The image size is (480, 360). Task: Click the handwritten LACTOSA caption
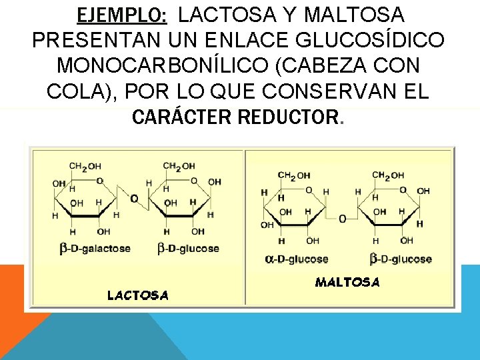point(138,295)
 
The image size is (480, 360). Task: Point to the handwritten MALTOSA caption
point(347,282)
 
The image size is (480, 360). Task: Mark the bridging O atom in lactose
point(134,199)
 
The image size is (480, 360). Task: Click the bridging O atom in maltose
point(343,218)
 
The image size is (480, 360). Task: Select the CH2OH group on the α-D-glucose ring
point(294,176)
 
